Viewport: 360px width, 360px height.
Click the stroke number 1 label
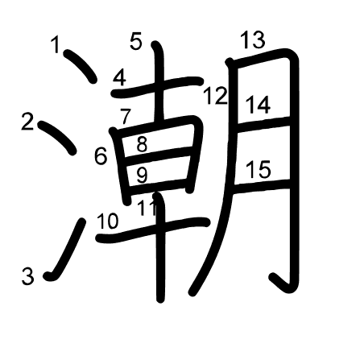click(56, 44)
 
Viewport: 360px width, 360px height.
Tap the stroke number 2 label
click(27, 122)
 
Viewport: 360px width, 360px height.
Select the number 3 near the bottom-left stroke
click(28, 276)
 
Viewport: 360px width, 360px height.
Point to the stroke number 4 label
click(120, 77)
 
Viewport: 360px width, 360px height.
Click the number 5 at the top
click(136, 41)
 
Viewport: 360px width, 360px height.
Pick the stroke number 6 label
click(101, 156)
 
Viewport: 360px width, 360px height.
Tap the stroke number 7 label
click(126, 117)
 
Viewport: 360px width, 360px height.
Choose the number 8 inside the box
click(142, 144)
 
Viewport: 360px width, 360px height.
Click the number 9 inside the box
click(142, 176)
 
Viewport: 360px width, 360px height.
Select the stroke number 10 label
click(107, 221)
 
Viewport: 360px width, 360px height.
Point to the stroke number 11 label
click(147, 208)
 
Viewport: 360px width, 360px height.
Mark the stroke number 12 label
click(216, 96)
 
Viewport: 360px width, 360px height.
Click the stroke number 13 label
click(252, 39)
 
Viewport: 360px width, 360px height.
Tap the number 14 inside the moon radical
click(258, 105)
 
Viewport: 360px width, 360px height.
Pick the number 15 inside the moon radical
click(259, 169)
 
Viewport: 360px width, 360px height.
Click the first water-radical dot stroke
click(81, 65)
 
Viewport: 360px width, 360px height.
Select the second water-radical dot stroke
click(57, 138)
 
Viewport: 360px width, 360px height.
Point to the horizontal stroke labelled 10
click(153, 228)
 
